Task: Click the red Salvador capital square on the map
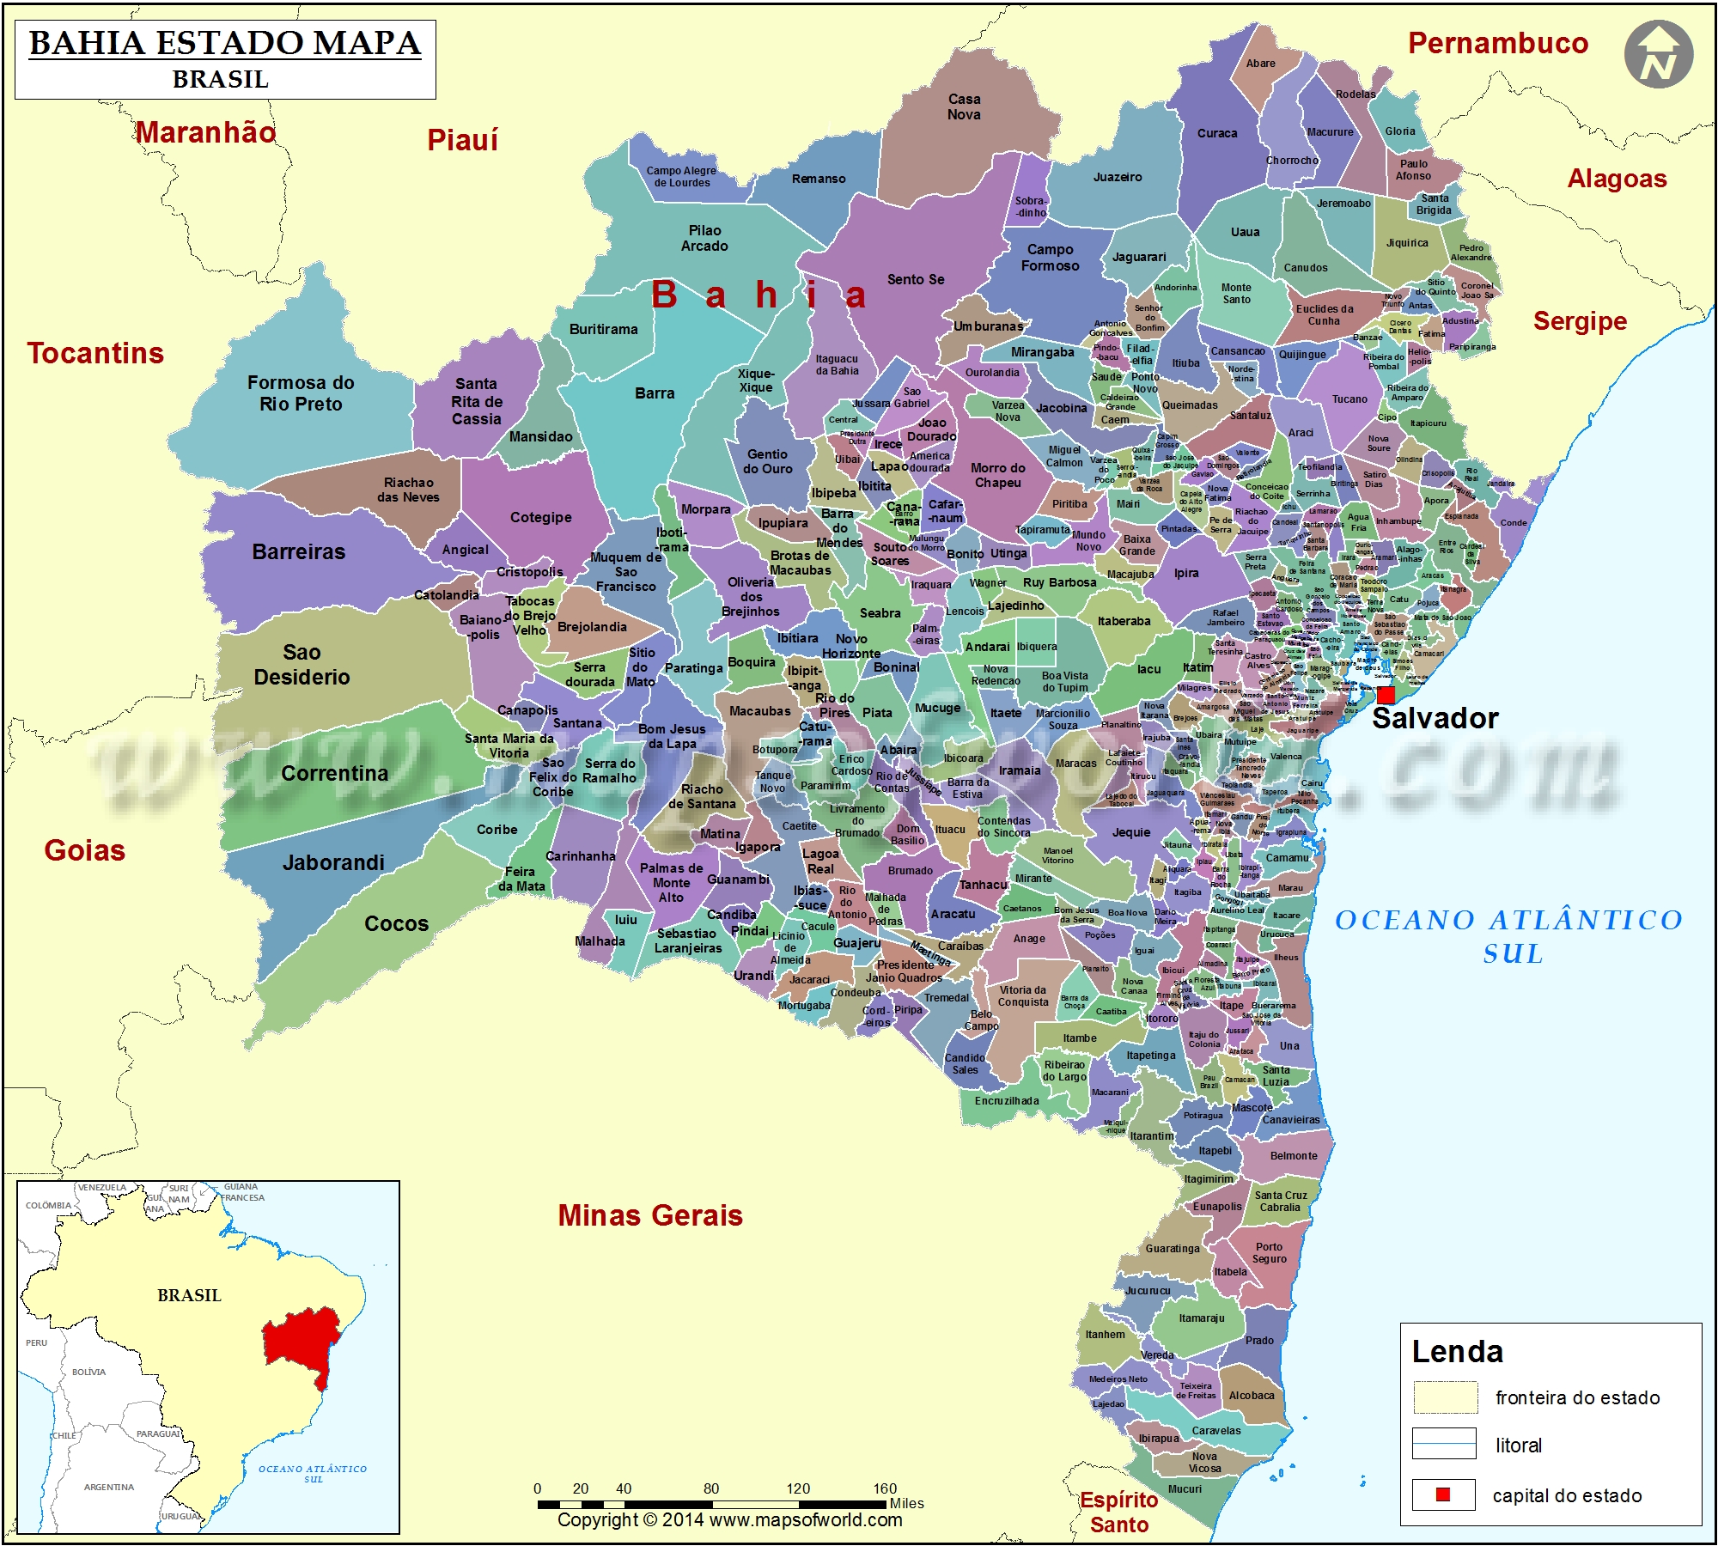1386,695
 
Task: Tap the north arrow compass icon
1658,55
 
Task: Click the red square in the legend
1443,1494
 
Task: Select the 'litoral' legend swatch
1444,1444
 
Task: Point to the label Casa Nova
964,107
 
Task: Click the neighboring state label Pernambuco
1498,43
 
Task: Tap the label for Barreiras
299,552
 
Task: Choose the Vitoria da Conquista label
1023,995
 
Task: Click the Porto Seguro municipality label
1269,1252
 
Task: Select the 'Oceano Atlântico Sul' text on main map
1509,936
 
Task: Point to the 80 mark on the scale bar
711,1488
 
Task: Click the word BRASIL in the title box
221,79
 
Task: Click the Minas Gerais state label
650,1215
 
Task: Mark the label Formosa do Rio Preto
301,393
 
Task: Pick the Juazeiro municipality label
1118,177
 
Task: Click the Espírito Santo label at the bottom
1119,1512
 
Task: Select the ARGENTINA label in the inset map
109,1487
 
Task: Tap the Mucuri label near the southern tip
1185,1488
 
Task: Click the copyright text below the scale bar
729,1519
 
